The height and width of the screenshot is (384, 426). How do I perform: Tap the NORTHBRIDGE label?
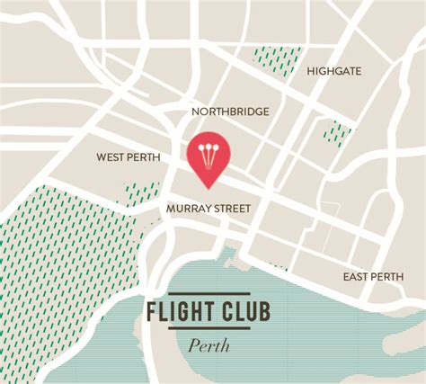coord(230,112)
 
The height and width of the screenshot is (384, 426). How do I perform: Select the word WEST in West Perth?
coord(111,157)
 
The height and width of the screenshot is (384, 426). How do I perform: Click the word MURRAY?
coord(187,208)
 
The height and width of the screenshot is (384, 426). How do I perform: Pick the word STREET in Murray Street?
coord(230,208)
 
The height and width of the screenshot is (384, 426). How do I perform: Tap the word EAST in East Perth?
coord(357,276)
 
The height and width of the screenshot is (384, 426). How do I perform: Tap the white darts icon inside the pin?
coord(209,154)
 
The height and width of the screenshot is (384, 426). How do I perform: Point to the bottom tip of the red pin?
coord(209,188)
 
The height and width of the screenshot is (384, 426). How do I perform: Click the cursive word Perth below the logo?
coord(209,345)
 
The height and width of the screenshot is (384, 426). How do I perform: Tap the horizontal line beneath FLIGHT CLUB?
coord(209,330)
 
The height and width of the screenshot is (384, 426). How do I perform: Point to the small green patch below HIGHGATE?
coord(336,133)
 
